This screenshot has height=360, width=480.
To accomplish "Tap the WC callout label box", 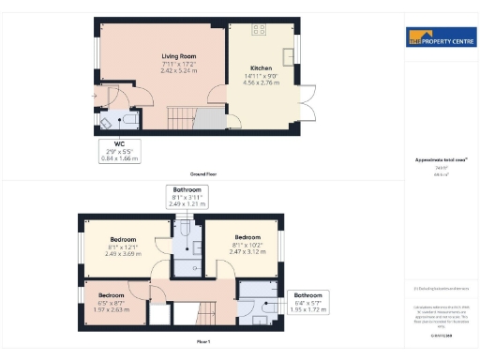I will (x=119, y=152).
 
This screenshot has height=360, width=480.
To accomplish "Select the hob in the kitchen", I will (x=261, y=30).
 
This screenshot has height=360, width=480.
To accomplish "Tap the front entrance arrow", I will (x=93, y=96).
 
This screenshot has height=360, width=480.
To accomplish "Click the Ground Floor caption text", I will (x=204, y=174).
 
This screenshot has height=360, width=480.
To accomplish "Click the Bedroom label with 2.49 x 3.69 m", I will (x=123, y=239).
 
